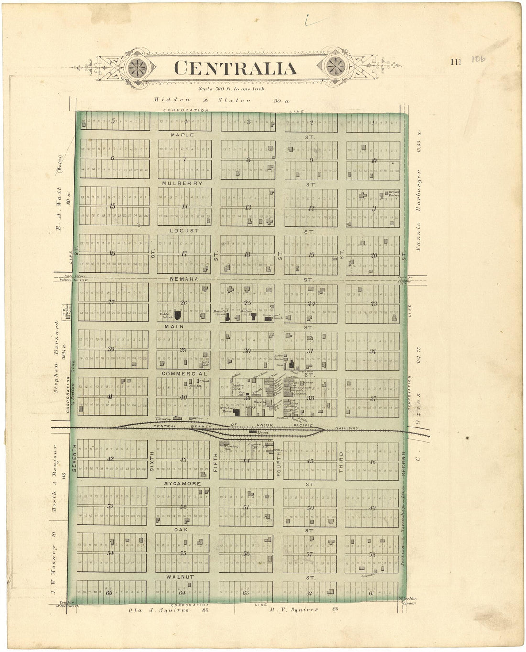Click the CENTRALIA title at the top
[x=235, y=68]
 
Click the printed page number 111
[x=456, y=62]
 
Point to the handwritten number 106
[x=478, y=59]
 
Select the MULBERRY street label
[x=182, y=183]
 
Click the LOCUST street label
[x=185, y=231]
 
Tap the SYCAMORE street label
[x=183, y=484]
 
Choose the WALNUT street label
[x=180, y=577]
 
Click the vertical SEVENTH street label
[x=74, y=458]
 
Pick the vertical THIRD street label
[x=341, y=463]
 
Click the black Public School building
[x=178, y=315]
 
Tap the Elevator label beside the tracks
[x=163, y=419]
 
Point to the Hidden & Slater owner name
[x=202, y=100]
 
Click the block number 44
[x=246, y=461]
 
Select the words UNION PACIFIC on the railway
[x=285, y=425]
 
